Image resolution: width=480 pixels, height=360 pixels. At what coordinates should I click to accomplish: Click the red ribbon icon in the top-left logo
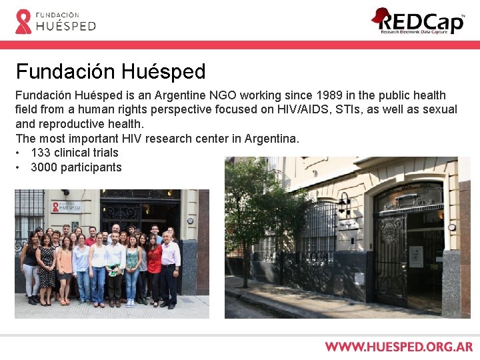pos(23,21)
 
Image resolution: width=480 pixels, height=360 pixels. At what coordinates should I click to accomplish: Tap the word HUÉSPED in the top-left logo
pos(66,26)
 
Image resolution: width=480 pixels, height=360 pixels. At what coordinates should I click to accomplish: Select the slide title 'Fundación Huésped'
pos(111,71)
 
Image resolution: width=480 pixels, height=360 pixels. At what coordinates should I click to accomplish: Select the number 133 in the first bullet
pos(41,153)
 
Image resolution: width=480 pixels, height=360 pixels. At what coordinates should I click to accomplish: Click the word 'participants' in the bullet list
pos(91,167)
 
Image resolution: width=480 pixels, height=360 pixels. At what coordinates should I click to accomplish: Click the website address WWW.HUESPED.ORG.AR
pos(399,347)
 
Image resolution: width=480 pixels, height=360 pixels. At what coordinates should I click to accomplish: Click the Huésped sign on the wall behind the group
pos(66,207)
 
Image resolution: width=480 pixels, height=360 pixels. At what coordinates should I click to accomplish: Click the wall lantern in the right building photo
pos(345,203)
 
